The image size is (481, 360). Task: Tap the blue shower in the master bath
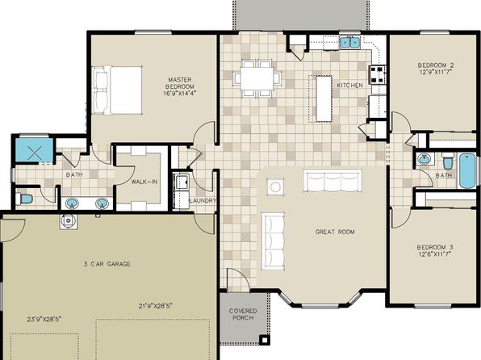click(33, 150)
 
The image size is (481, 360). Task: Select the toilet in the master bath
click(24, 199)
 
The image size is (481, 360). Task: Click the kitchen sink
click(349, 42)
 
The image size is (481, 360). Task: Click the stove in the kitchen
click(377, 75)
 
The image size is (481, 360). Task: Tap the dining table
click(257, 78)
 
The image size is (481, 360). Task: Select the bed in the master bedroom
click(117, 90)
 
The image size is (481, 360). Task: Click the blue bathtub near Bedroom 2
click(467, 170)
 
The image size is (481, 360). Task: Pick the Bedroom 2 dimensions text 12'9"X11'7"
click(436, 72)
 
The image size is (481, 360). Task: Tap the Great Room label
click(335, 232)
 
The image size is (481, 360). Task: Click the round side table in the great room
click(275, 186)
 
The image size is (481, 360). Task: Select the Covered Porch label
click(243, 314)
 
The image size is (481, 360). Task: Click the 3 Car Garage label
click(107, 264)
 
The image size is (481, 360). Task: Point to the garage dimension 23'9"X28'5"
click(44, 319)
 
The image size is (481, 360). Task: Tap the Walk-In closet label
click(144, 182)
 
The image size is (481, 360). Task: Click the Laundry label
click(203, 201)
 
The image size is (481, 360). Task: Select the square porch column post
click(265, 340)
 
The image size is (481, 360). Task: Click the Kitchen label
click(350, 85)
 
